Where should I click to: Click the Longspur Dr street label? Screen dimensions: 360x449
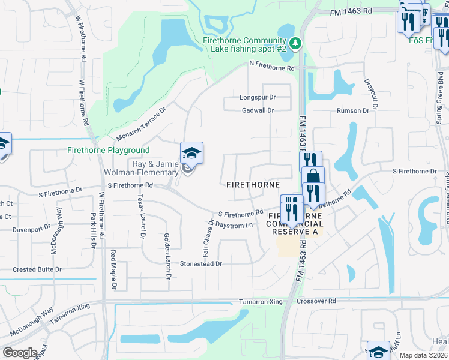257,97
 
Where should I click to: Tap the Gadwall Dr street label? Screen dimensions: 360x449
258,110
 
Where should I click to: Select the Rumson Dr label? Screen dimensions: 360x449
352,110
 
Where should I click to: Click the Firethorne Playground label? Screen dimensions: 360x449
109,150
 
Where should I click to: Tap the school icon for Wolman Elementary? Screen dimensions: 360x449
191,154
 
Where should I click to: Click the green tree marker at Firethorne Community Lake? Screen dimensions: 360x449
295,43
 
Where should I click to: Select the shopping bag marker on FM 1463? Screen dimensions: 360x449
312,177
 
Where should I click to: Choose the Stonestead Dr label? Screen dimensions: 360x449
201,263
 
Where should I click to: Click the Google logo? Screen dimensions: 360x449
20,353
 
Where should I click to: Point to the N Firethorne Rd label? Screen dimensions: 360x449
273,68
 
